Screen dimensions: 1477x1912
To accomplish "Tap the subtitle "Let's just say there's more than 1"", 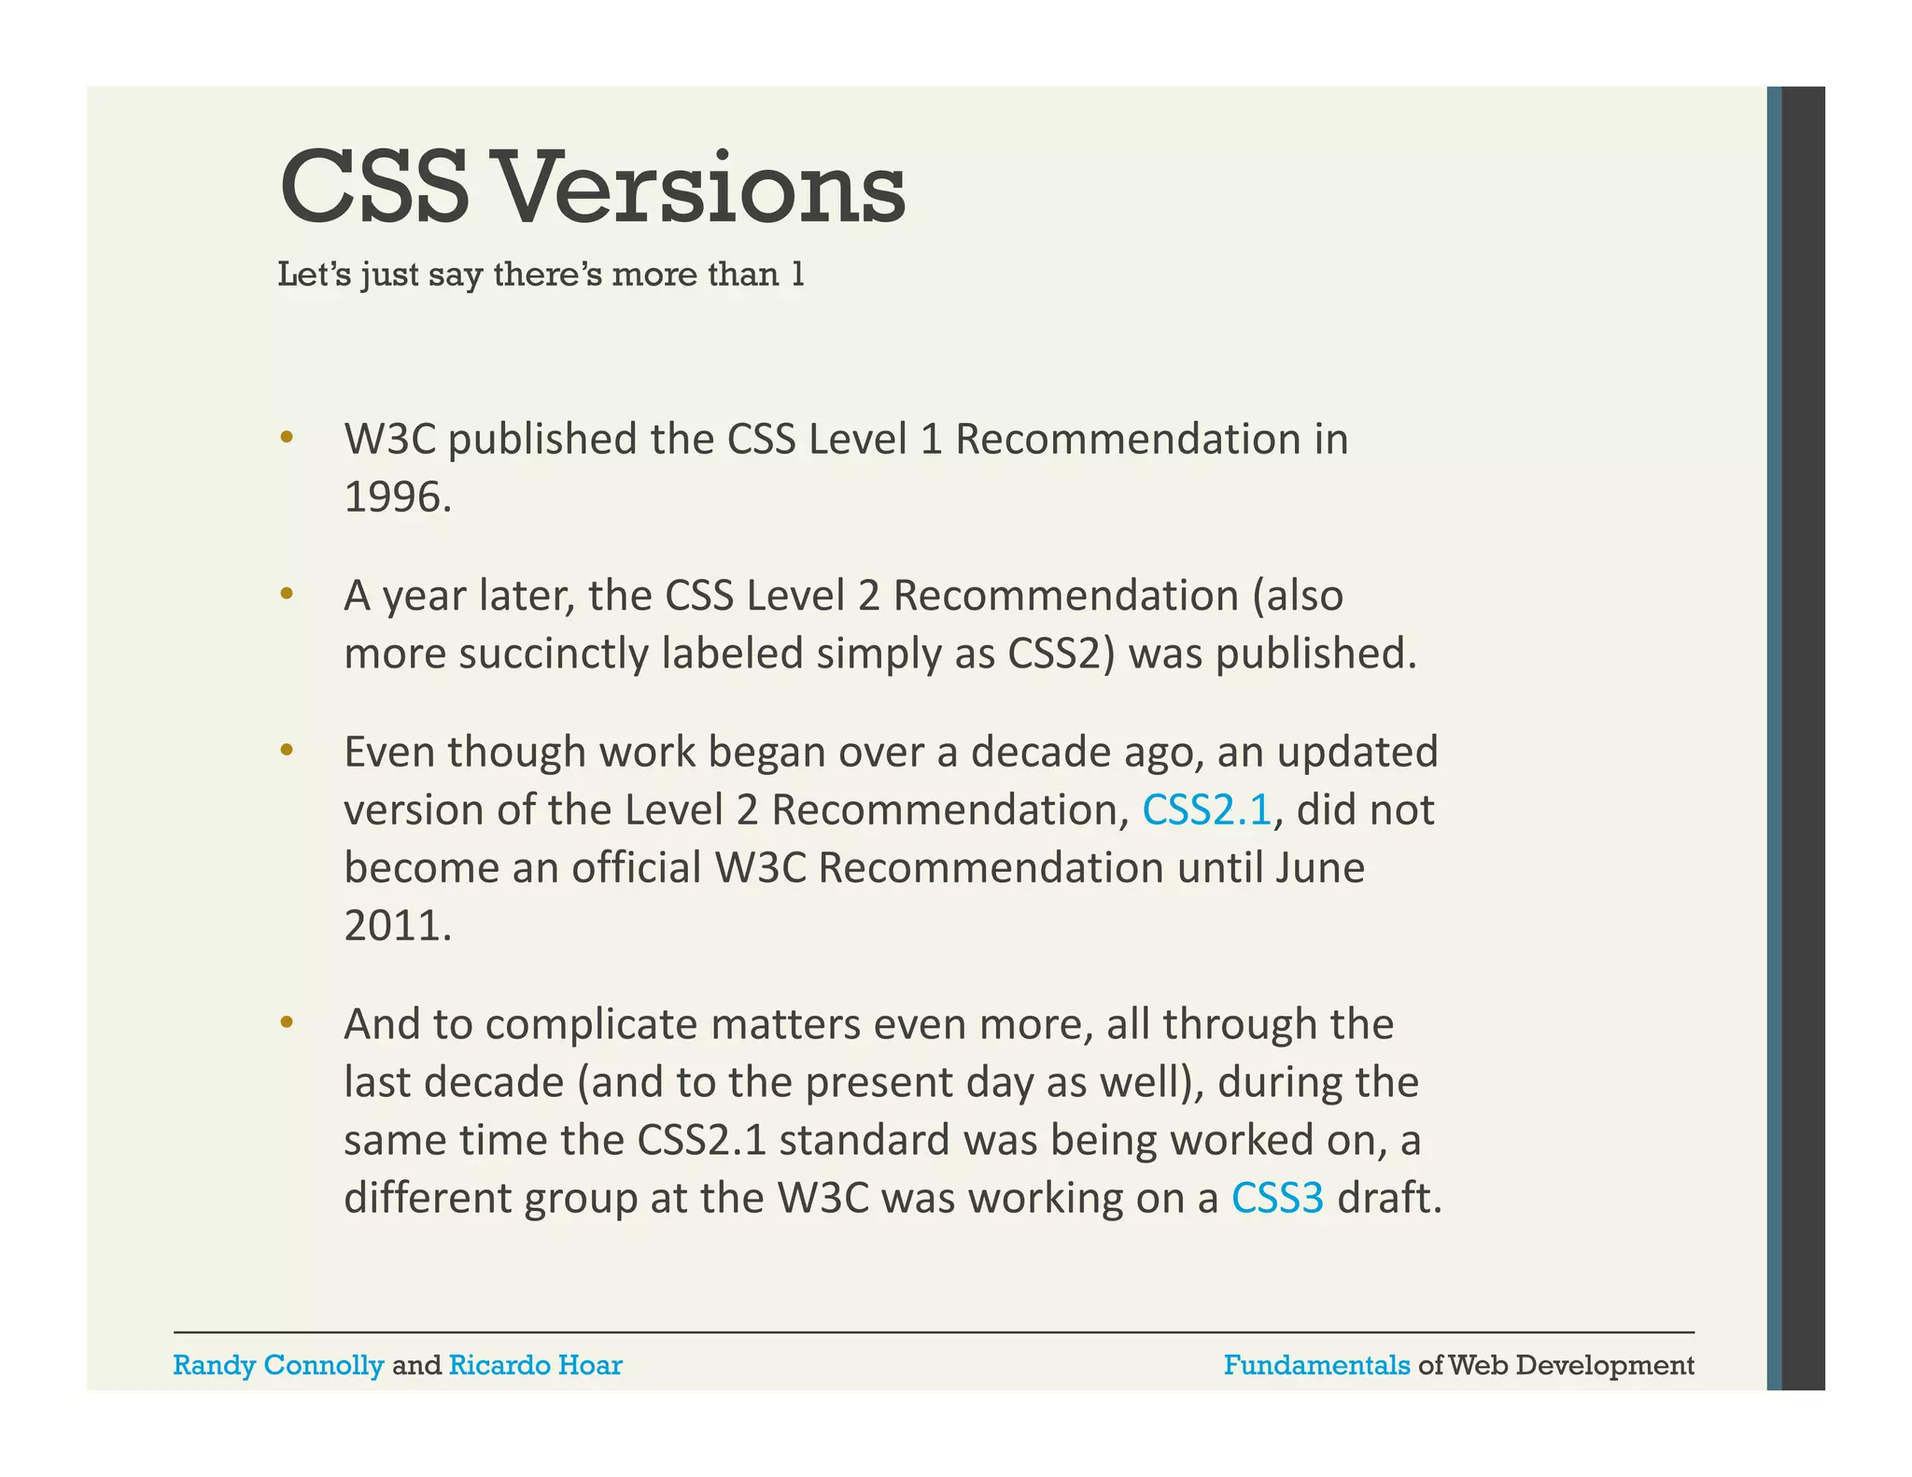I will point(541,274).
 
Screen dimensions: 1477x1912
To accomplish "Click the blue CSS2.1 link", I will point(1206,809).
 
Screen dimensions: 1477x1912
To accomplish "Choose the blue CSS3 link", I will point(1277,1198).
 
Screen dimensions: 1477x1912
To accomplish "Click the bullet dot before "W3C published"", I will point(287,437).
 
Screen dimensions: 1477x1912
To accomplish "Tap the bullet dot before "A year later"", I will point(287,593).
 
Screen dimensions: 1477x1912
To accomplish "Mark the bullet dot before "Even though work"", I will point(287,749).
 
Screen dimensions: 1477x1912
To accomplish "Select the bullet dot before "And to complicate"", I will point(287,1022).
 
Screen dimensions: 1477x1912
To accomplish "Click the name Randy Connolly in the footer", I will point(278,1365).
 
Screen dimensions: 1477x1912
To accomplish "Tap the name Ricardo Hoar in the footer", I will point(535,1365).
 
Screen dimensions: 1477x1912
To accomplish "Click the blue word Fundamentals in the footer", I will point(1316,1365).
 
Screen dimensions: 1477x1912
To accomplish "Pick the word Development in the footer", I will point(1605,1365).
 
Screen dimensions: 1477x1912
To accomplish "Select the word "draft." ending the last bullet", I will point(1389,1198).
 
